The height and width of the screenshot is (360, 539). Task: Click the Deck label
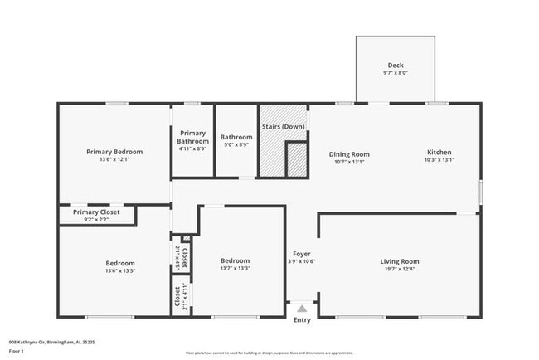pos(396,66)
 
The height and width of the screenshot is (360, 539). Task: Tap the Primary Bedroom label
pos(114,152)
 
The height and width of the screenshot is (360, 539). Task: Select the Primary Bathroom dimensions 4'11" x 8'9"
pos(192,149)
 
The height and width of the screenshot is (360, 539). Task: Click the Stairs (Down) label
pos(283,126)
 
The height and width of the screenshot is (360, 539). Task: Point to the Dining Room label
pos(348,154)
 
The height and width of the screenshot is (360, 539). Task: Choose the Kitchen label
pos(439,153)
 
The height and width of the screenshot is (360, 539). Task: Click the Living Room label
pos(399,261)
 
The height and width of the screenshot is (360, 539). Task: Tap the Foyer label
pos(301,253)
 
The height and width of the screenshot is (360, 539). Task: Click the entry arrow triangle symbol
pos(302,309)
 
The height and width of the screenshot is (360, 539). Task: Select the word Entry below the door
pos(302,320)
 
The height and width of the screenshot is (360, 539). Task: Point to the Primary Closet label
pos(96,212)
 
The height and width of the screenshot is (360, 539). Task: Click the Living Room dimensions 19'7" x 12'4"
pos(399,270)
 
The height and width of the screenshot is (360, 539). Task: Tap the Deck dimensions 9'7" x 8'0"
pos(396,74)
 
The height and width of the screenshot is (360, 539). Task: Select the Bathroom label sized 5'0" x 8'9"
pos(236,137)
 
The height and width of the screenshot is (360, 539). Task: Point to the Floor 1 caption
pos(17,350)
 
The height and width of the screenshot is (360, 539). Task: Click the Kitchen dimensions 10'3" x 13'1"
pos(439,162)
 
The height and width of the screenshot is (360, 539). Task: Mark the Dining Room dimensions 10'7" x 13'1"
pos(348,163)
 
